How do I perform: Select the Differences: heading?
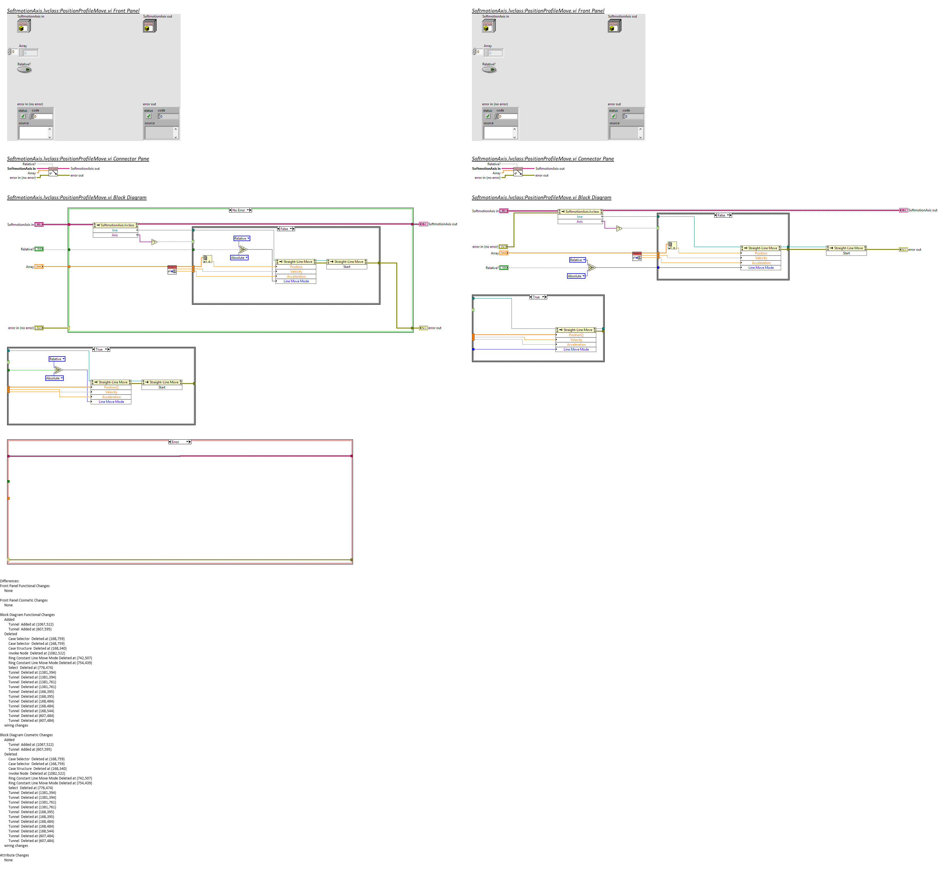click(x=9, y=581)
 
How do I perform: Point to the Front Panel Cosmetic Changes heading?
click(x=23, y=600)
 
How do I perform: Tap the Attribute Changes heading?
click(x=14, y=855)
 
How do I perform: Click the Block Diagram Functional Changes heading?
click(x=27, y=614)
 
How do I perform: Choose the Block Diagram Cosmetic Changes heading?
click(x=26, y=735)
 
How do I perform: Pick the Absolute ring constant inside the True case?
click(x=54, y=378)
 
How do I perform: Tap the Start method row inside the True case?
click(x=162, y=387)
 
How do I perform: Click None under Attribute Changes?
click(x=8, y=860)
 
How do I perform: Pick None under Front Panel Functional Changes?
click(x=8, y=590)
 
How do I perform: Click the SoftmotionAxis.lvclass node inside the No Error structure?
click(x=116, y=225)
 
